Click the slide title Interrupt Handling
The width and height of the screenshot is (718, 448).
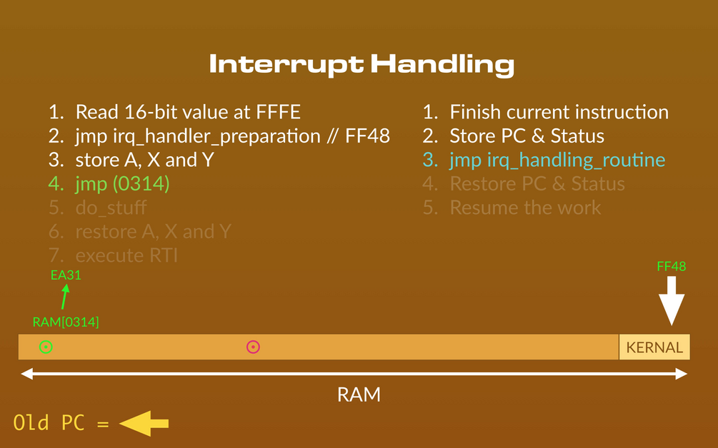click(362, 65)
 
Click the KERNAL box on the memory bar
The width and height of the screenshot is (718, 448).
click(654, 347)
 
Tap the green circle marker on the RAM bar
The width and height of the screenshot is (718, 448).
click(46, 347)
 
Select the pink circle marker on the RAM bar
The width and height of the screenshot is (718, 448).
click(253, 347)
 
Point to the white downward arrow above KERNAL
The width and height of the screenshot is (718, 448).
click(672, 301)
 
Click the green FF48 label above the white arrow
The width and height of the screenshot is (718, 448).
click(672, 267)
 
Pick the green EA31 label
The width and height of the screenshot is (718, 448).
click(66, 275)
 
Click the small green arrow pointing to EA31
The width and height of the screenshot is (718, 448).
click(65, 297)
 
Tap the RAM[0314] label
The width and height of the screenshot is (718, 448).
click(66, 322)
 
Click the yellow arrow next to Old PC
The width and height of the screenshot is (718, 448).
click(144, 423)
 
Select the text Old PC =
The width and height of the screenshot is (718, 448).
click(61, 423)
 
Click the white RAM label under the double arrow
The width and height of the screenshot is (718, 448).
click(359, 394)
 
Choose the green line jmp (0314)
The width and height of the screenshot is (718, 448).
click(109, 184)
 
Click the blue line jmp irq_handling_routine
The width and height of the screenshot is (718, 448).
click(544, 160)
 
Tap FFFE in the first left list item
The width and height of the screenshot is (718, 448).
click(279, 112)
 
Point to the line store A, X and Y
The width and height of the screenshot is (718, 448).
click(131, 160)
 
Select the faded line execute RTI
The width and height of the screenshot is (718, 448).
click(113, 255)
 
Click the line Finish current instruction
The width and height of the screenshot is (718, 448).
click(545, 112)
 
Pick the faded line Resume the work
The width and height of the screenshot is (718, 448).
click(512, 208)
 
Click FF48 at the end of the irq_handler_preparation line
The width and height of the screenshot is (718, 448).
click(367, 136)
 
